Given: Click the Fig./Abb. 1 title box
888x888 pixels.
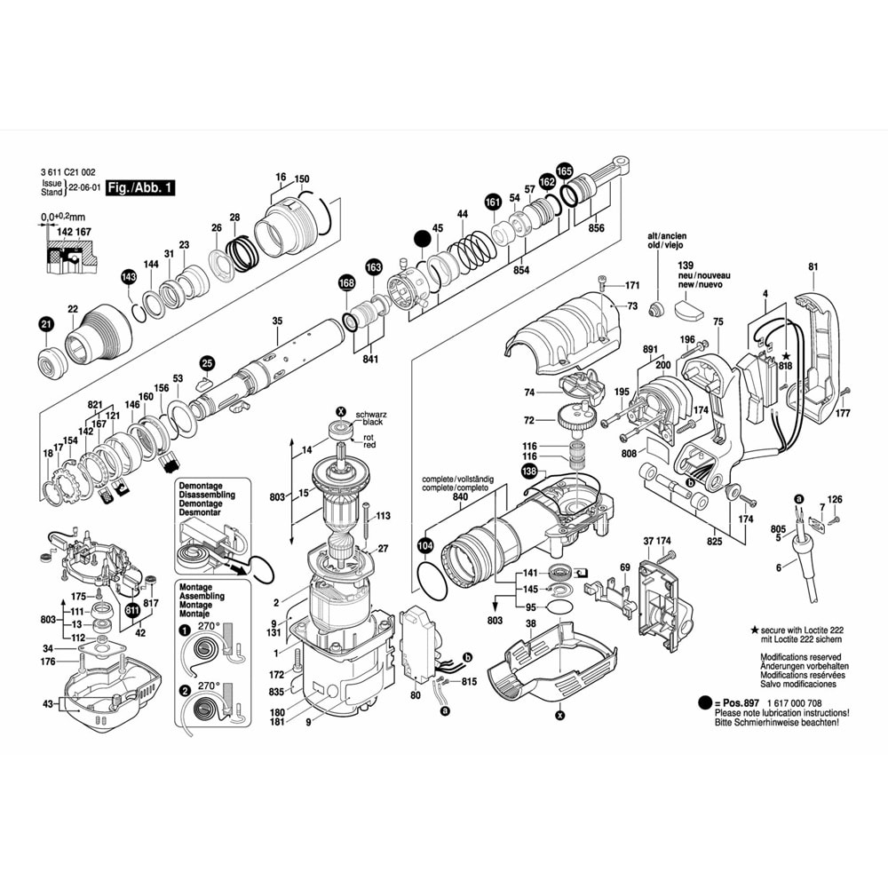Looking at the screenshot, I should (x=141, y=188).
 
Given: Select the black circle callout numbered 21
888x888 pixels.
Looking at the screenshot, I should (x=46, y=326).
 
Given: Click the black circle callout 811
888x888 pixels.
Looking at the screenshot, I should (x=132, y=610).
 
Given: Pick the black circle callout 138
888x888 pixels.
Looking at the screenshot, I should (x=529, y=472).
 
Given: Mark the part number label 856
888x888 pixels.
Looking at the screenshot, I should (x=597, y=228).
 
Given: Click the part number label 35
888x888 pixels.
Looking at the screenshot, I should (x=277, y=321).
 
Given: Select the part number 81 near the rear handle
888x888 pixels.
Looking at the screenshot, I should (x=813, y=266).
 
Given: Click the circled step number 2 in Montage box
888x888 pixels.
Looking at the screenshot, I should (x=185, y=690).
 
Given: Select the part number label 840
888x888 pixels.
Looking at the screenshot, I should (x=459, y=498).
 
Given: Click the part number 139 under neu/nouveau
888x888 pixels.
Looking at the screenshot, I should (x=685, y=266).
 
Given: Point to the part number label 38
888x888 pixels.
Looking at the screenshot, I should (x=530, y=623).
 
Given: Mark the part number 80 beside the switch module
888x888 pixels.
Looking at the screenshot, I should (x=415, y=696).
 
